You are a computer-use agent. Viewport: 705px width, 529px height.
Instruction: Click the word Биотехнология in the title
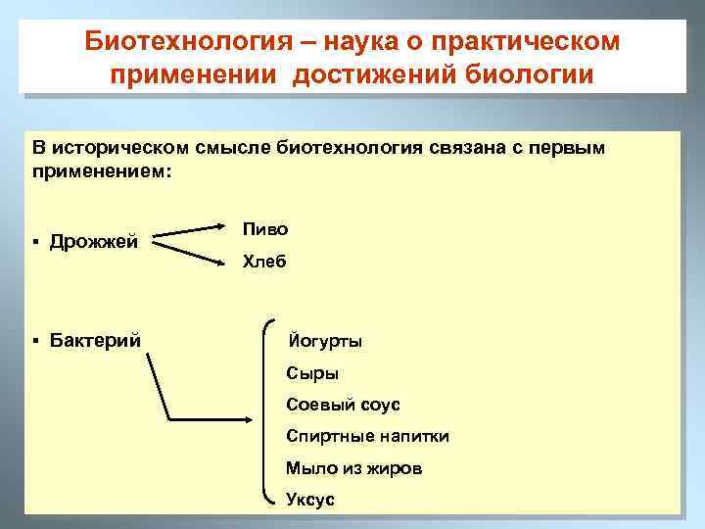coord(177,42)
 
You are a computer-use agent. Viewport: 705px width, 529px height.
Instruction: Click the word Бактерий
coord(95,340)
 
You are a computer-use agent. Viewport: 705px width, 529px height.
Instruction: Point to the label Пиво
coord(266,228)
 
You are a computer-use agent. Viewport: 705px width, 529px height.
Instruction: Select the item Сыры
coord(312,373)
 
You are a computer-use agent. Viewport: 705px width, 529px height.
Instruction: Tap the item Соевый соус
coord(343,405)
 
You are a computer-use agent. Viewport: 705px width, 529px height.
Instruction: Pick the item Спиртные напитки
coord(367,436)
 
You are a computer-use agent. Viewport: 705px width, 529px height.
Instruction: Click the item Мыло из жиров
coord(353,468)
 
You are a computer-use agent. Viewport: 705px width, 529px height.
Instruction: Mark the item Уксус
coord(310,500)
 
